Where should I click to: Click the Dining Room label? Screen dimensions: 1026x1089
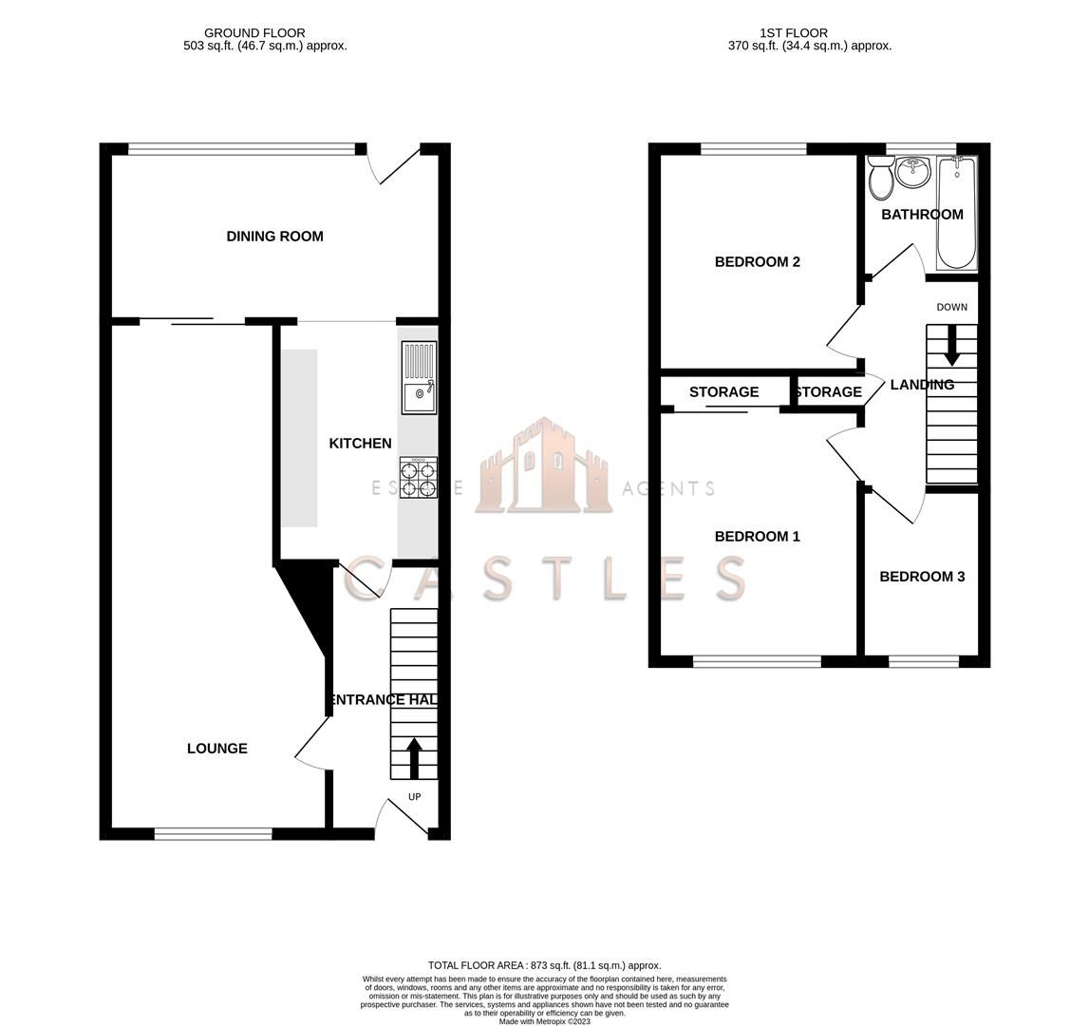pos(274,237)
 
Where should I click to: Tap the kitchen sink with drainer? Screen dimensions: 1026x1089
pos(419,378)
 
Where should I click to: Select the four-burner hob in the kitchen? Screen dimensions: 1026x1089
pos(419,477)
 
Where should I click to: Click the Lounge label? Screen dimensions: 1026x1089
pos(216,749)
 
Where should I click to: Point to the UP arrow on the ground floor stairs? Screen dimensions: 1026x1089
pos(414,757)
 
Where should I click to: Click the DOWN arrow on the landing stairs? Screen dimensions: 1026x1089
pos(951,352)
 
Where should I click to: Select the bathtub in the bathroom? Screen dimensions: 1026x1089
pos(957,213)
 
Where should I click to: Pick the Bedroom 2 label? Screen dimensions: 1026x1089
pos(757,262)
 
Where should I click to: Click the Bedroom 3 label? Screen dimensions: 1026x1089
pos(921,577)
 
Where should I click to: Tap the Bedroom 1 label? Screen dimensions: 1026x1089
pos(757,537)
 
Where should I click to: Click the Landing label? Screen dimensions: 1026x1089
pos(921,385)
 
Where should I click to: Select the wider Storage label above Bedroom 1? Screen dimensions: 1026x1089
pos(723,391)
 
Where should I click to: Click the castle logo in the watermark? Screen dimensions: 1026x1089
pos(544,466)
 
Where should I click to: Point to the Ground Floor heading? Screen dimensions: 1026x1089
pos(254,32)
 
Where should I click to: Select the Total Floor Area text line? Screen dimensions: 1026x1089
pos(544,965)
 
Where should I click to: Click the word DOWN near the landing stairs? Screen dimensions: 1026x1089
pos(951,307)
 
